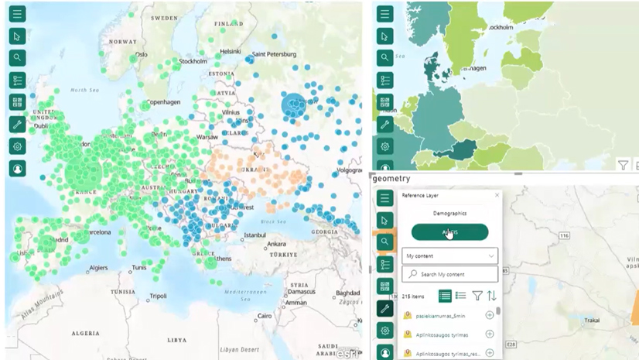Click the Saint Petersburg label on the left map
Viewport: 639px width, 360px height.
click(270, 54)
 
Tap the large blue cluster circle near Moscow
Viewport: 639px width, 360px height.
click(293, 106)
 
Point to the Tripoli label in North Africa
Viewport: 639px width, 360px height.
click(158, 296)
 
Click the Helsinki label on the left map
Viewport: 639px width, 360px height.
click(231, 52)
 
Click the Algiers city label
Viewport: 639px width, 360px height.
click(97, 268)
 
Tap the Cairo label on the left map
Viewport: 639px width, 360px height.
click(265, 316)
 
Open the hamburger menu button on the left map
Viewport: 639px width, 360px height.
click(17, 14)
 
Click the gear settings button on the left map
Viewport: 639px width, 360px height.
click(17, 146)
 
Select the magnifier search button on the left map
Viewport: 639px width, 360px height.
click(17, 58)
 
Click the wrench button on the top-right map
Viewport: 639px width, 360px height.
click(384, 125)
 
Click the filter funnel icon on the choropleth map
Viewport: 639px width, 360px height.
click(623, 165)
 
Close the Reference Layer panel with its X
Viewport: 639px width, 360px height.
click(497, 196)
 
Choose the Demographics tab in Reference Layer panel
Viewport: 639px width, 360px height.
click(449, 213)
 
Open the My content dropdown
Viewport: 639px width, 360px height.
click(449, 255)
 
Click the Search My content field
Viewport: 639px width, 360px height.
click(449, 274)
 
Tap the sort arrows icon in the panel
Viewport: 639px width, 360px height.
click(491, 296)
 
